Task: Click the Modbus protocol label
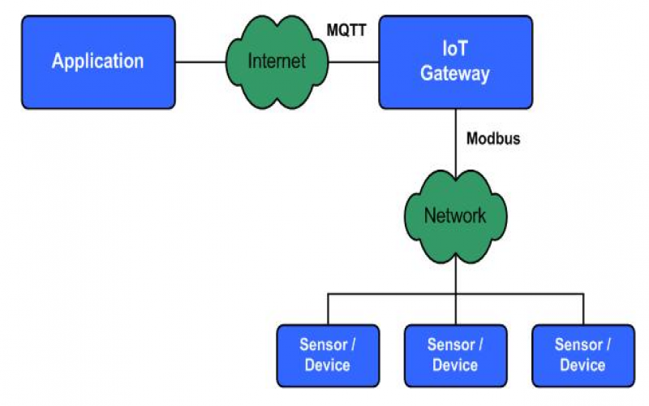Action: [493, 139]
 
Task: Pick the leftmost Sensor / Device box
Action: [327, 355]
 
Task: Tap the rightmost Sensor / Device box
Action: [582, 355]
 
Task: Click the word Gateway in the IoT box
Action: [455, 74]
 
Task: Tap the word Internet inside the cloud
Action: [277, 61]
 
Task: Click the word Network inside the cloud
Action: [455, 216]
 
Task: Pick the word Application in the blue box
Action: [97, 61]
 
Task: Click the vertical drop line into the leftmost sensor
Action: [328, 309]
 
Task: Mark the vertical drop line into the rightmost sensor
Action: [582, 309]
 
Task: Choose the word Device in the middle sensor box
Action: [455, 365]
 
